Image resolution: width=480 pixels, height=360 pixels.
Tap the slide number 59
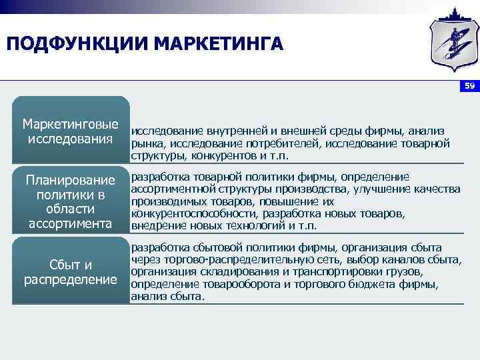click(469, 87)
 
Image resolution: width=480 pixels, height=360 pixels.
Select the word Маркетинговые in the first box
click(71, 125)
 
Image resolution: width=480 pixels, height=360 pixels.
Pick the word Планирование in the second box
click(71, 180)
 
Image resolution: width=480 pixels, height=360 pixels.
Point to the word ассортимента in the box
click(71, 223)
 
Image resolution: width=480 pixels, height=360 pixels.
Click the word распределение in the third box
click(71, 279)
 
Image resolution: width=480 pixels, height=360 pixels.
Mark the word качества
click(437, 189)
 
